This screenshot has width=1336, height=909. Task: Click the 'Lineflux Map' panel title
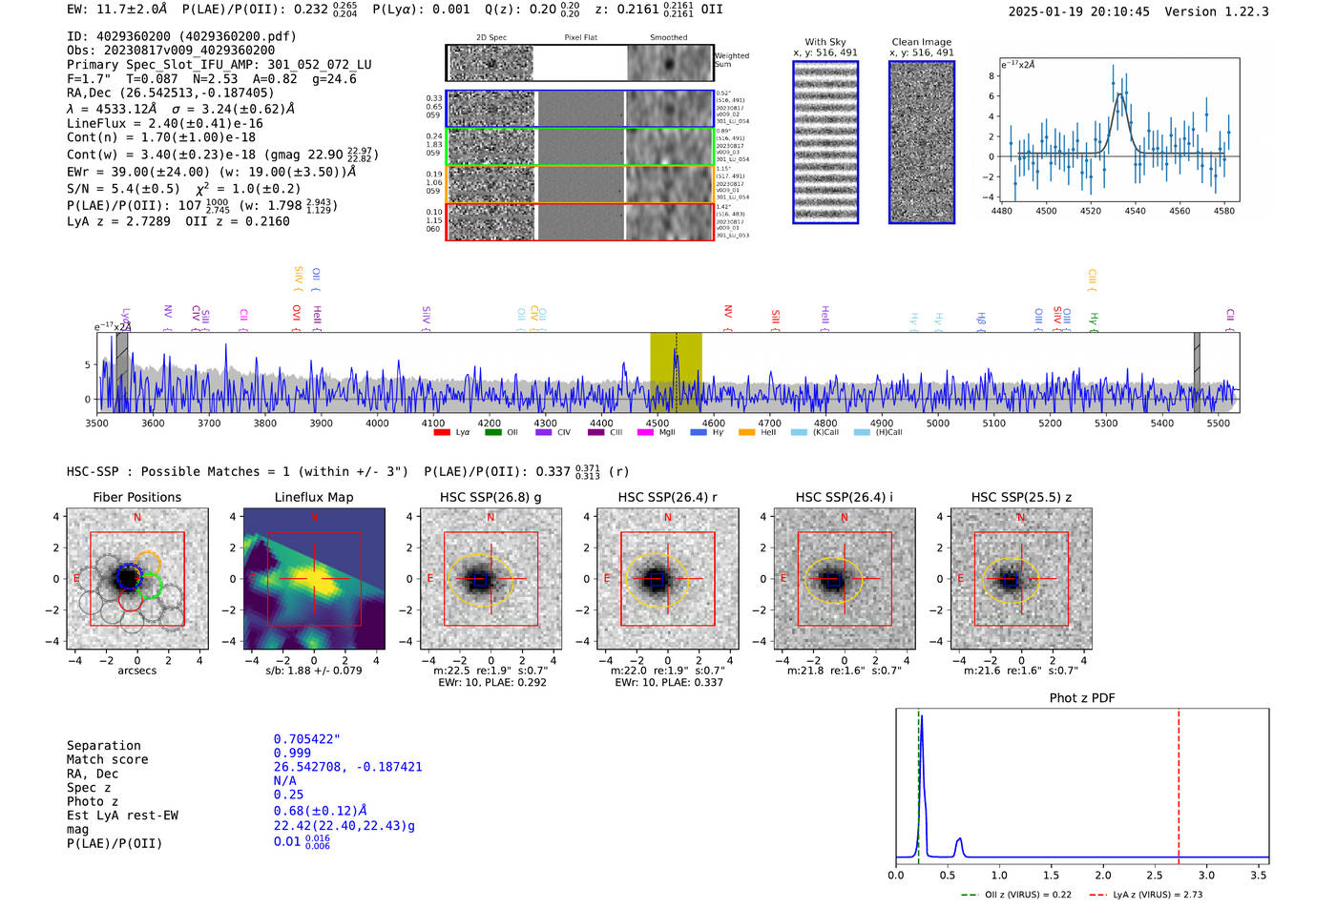[313, 497]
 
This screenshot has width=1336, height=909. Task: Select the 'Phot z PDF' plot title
[1082, 698]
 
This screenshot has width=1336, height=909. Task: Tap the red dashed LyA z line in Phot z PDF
[1179, 782]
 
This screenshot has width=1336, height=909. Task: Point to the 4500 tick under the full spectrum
[658, 424]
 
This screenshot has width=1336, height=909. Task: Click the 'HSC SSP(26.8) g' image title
[491, 497]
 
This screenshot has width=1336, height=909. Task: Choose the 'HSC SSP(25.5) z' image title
[1021, 497]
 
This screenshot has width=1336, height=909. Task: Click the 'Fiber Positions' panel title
[136, 497]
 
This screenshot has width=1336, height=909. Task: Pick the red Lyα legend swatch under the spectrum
[442, 433]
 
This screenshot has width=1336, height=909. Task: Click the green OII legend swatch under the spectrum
[492, 433]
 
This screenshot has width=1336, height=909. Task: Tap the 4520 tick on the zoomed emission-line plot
[1091, 211]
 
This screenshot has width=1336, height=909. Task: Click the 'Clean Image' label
[921, 42]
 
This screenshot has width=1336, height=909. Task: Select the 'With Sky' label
[825, 42]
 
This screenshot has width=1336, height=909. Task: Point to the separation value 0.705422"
[306, 739]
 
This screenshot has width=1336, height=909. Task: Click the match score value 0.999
[292, 753]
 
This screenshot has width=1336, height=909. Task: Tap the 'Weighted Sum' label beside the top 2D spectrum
[732, 60]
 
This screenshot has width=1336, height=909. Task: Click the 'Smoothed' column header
[668, 38]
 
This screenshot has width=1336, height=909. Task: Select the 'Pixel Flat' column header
[580, 38]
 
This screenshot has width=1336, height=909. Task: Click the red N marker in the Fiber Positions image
[137, 517]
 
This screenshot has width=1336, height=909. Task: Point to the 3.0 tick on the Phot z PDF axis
[1206, 875]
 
